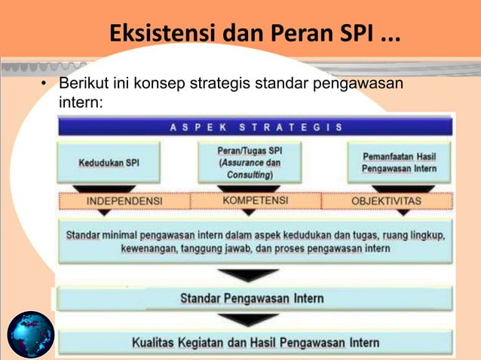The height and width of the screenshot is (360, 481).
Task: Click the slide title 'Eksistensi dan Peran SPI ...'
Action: pos(255,35)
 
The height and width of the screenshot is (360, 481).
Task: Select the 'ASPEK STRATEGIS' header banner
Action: pos(256,127)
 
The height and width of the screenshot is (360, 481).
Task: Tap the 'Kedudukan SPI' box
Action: pos(109,163)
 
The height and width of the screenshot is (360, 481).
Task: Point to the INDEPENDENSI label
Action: pos(124,202)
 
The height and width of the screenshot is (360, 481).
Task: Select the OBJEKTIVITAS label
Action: pos(387,202)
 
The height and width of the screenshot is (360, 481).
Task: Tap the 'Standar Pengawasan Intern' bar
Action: pos(252,298)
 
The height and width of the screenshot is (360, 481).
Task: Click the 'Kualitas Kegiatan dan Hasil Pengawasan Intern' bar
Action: pos(256,343)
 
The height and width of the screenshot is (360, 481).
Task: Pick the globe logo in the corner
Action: pos(31,335)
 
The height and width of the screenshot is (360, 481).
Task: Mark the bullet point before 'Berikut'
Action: pos(44,83)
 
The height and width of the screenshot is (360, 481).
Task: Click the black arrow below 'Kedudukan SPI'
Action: pos(109,188)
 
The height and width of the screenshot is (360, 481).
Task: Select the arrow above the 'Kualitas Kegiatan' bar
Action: pos(247,320)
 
